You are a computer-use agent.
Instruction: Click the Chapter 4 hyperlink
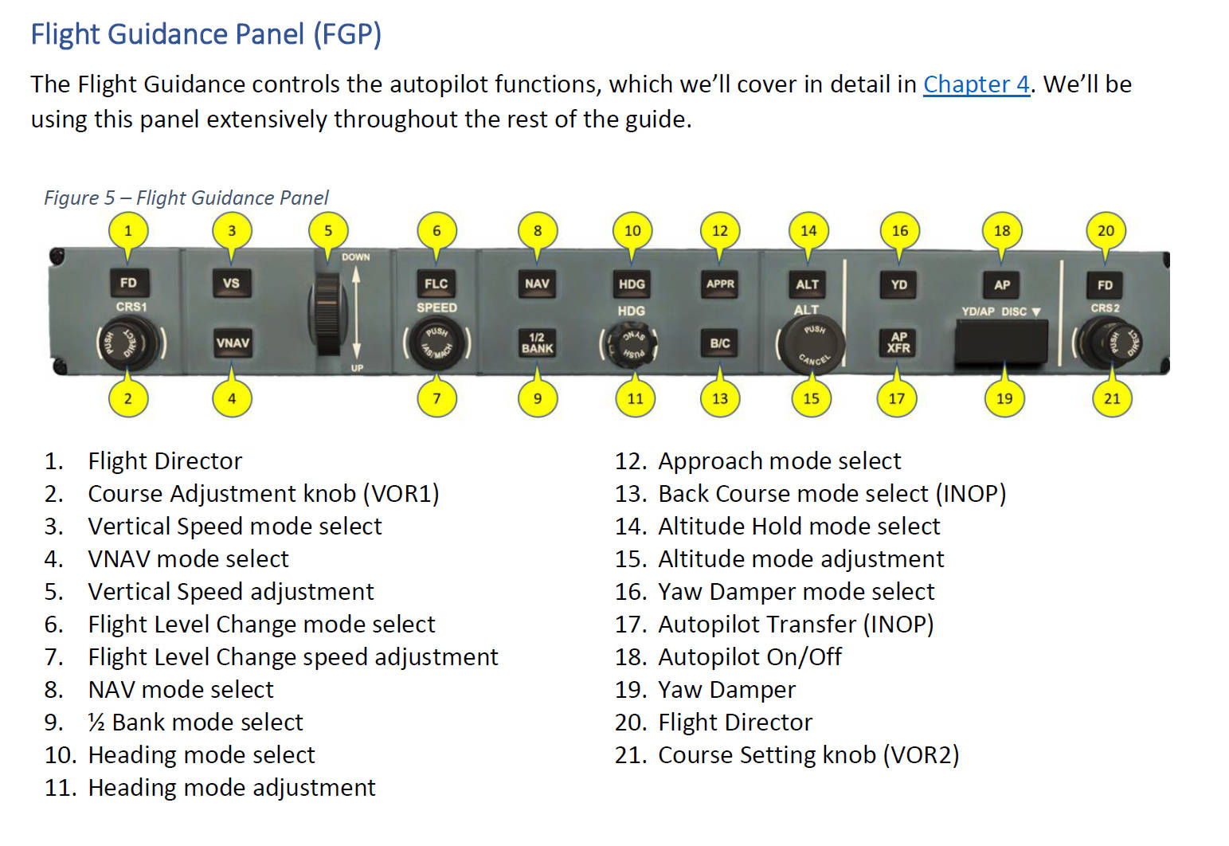976,84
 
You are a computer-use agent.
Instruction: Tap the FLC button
436,284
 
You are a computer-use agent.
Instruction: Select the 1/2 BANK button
537,343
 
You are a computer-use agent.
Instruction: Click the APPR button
720,284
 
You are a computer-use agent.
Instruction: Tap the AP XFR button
898,343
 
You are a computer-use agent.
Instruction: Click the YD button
898,284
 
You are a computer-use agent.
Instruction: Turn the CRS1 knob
130,343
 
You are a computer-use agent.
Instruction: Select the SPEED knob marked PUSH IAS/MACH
437,343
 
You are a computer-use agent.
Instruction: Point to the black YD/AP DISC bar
1001,343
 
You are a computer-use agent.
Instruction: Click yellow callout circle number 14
808,231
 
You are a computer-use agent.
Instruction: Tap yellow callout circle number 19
1004,398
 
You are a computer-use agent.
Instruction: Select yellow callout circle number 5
328,231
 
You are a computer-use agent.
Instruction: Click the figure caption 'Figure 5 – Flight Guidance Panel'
186,198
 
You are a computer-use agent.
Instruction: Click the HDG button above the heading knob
632,284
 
